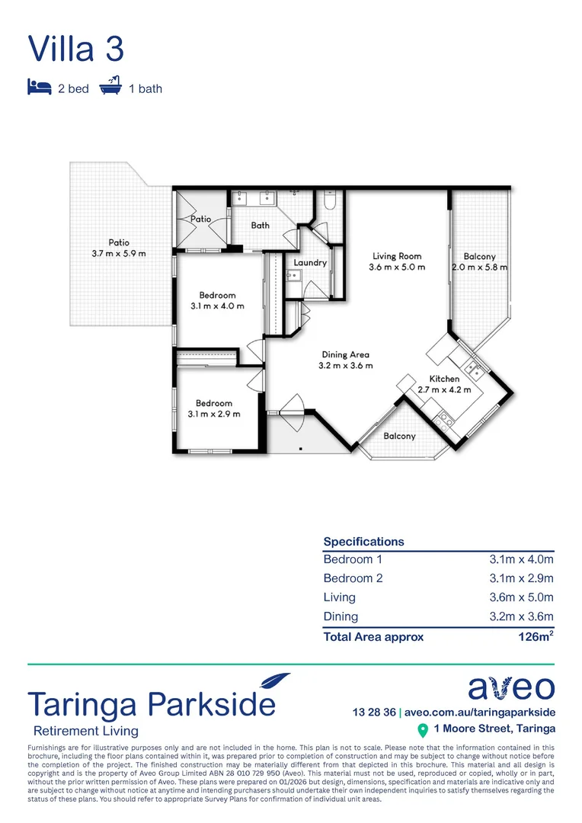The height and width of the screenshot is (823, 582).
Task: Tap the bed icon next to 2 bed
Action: click(39, 88)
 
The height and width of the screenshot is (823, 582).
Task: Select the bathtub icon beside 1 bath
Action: click(111, 87)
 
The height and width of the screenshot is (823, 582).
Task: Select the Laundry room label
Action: click(310, 263)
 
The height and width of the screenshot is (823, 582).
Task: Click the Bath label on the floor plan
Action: click(261, 226)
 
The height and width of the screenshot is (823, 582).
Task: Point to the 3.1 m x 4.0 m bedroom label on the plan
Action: click(217, 300)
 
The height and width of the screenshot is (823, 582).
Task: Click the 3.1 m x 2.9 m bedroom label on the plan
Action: click(213, 408)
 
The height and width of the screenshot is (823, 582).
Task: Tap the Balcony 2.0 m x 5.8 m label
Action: click(479, 262)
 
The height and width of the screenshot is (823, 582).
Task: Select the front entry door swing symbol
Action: click(292, 405)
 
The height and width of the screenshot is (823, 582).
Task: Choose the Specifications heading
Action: click(363, 542)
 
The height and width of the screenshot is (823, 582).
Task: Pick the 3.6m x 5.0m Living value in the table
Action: click(521, 597)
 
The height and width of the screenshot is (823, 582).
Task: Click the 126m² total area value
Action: click(535, 636)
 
